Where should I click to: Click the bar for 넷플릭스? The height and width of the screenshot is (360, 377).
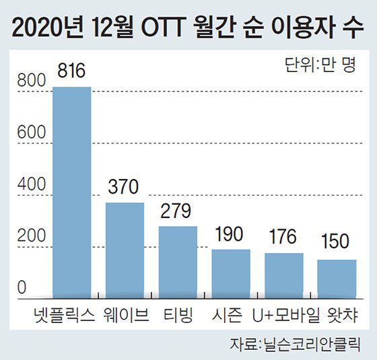point(71,191)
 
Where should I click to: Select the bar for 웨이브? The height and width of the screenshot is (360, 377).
point(125,249)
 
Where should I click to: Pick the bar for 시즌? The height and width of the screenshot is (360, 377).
point(231,273)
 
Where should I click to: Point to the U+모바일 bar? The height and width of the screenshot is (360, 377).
point(283,275)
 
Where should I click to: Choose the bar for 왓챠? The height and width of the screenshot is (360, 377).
point(337,278)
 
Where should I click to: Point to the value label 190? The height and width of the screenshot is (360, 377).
point(231,236)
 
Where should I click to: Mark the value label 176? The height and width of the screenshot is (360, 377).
point(283,239)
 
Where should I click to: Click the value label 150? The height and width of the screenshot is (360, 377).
point(337,246)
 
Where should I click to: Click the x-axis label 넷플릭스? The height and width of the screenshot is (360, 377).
point(65,314)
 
